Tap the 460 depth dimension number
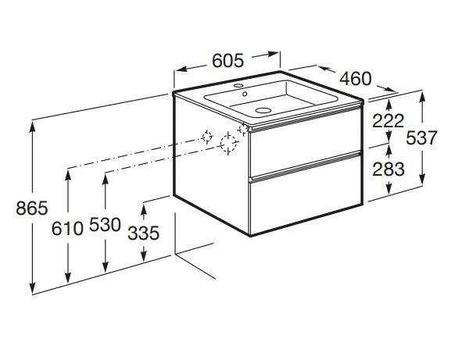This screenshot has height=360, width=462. (356, 79)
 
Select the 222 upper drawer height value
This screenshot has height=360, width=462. (389, 120)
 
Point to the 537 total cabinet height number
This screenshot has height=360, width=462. (421, 137)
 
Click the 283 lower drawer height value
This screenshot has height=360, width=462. (389, 168)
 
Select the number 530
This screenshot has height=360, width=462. (106, 226)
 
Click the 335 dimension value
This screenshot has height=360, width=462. (145, 233)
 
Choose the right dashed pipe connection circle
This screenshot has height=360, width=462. (229, 143)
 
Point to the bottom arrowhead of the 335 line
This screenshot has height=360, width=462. (145, 260)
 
